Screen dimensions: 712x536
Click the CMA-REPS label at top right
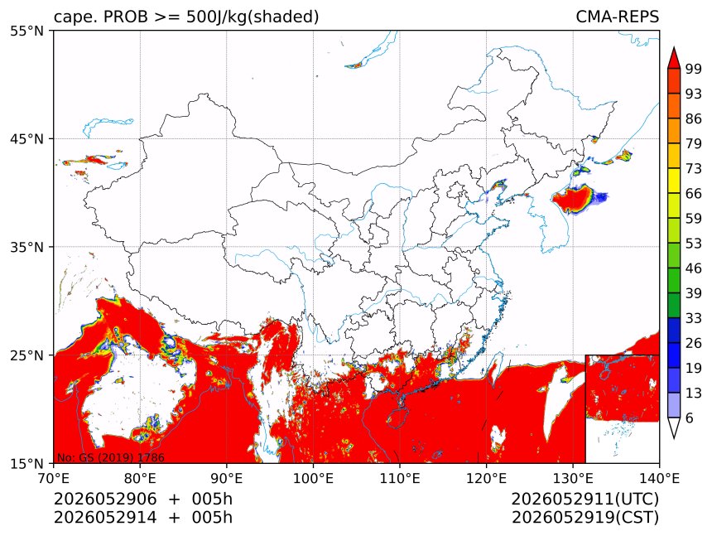[x=617, y=17]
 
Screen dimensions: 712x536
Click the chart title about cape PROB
[x=186, y=17]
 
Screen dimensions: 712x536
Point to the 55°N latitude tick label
[x=26, y=31]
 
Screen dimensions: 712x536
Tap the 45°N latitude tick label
[x=26, y=138]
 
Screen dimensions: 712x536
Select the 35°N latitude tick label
[x=26, y=247]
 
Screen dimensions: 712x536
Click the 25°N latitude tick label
[x=26, y=355]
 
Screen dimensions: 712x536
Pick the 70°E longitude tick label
[x=54, y=478]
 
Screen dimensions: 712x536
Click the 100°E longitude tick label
[x=313, y=478]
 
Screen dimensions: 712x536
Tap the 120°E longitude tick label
[x=486, y=478]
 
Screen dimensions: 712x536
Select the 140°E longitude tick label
[x=659, y=478]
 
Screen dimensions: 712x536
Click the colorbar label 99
[x=694, y=69]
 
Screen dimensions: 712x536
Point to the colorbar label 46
[x=694, y=268]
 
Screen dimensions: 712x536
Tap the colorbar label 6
[x=690, y=418]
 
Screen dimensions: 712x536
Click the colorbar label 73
[x=694, y=168]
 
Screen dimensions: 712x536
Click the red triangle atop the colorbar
[x=674, y=58]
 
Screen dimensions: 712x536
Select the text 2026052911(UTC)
[x=585, y=499]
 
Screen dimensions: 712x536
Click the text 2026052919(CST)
[x=585, y=518]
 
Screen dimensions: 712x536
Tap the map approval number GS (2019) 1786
[x=110, y=457]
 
